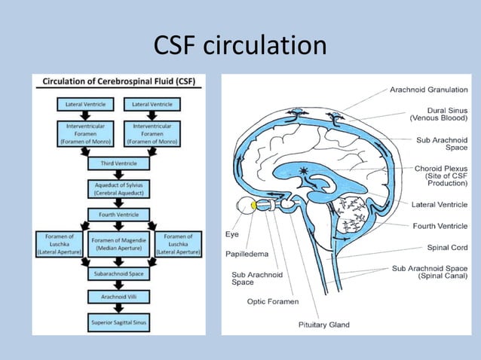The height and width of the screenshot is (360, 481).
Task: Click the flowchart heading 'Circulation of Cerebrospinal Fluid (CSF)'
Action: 119,81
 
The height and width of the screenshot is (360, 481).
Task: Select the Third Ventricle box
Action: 118,163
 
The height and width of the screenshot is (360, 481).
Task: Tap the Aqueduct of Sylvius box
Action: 118,188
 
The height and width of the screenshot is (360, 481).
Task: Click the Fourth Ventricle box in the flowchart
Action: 118,215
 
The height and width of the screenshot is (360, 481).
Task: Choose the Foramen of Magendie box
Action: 118,245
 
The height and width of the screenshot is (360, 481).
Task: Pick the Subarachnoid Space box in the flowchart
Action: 118,275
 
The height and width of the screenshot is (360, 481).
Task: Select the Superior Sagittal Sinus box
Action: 118,323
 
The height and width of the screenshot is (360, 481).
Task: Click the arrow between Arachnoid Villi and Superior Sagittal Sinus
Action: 118,311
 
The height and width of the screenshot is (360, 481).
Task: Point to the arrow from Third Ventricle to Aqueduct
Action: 118,175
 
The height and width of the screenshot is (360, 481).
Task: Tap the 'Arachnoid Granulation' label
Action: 428,90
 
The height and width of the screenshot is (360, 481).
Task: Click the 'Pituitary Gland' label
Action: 323,325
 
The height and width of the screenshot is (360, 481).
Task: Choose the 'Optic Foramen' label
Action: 273,301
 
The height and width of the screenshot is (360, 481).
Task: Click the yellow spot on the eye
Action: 256,205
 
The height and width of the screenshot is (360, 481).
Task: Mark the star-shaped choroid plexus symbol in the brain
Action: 305,170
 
